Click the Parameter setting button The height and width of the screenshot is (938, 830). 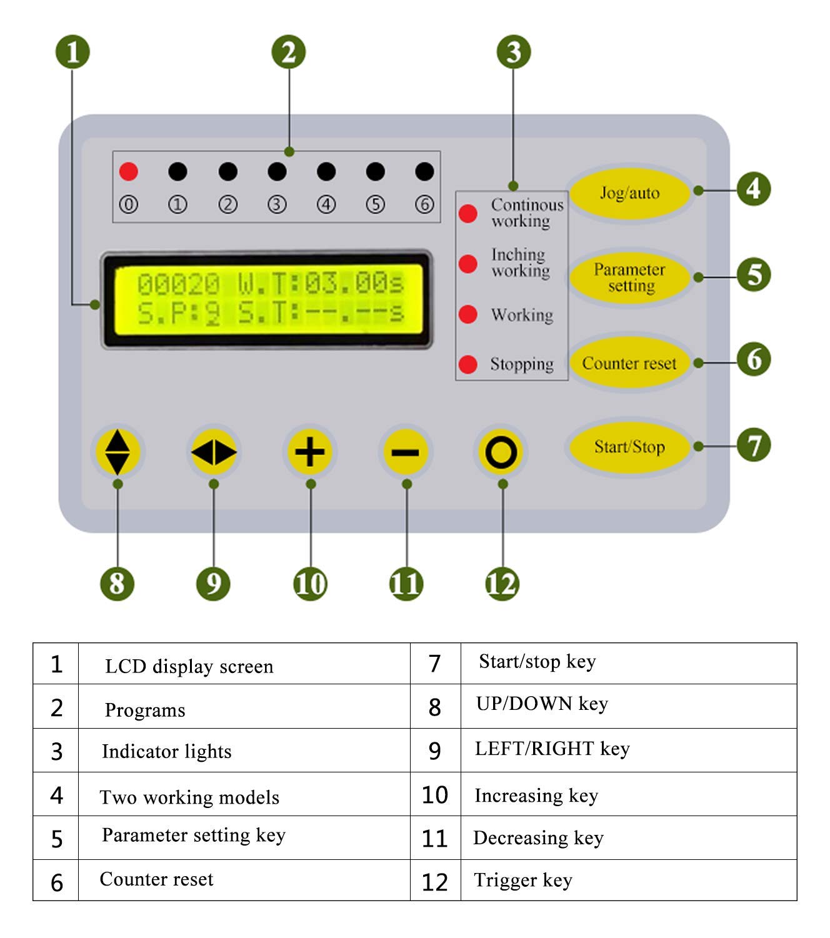629,277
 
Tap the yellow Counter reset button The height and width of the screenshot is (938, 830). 629,363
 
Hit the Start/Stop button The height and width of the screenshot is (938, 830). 629,447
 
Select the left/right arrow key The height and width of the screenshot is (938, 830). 214,452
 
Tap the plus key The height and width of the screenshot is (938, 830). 310,452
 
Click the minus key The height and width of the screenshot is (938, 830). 406,452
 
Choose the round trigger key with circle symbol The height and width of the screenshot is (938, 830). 501,452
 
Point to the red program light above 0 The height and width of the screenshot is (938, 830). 129,171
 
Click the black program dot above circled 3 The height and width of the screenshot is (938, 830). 277,171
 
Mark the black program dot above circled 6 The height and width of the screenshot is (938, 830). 424,171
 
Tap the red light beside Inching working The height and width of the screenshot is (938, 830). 468,264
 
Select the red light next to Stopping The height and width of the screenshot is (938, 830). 468,364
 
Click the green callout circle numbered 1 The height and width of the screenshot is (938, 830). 72,52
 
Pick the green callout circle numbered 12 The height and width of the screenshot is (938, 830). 502,584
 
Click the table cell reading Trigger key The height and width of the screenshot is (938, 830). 523,880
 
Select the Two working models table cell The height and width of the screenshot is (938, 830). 189,797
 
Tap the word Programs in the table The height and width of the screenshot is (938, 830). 145,711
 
